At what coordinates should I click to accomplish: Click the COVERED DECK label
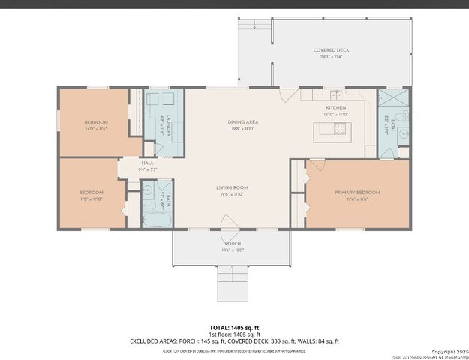(x=331, y=50)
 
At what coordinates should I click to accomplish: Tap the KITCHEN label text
(x=335, y=108)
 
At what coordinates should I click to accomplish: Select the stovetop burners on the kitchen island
(x=339, y=127)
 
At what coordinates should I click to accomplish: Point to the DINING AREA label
(x=242, y=122)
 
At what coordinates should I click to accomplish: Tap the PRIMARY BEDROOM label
(x=357, y=193)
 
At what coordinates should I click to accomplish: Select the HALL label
(x=147, y=163)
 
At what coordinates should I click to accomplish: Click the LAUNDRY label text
(x=169, y=124)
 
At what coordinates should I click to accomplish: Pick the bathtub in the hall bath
(x=157, y=220)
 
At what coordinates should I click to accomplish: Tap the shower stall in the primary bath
(x=391, y=100)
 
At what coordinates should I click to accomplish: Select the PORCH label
(x=232, y=244)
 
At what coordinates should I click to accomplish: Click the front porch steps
(x=232, y=283)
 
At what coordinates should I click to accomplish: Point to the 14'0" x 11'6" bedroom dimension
(x=95, y=129)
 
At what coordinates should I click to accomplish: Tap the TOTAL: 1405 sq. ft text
(x=234, y=328)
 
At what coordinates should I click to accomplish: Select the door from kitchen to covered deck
(x=286, y=95)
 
